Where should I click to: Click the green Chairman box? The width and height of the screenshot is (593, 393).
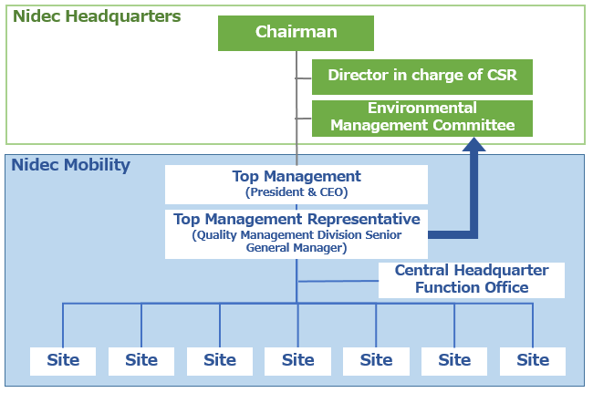pos(296,33)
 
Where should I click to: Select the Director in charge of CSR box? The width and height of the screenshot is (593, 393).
pos(422,77)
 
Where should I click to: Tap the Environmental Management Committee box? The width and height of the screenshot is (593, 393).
pos(422,119)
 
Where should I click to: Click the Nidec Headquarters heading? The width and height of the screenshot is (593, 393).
pos(97,16)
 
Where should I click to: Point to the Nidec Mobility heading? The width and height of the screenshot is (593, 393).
pos(71,165)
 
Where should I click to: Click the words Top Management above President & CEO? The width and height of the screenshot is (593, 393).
pos(296,176)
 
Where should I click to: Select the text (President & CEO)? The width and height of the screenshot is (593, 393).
pos(296,192)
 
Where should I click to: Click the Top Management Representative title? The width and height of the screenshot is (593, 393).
pos(296,219)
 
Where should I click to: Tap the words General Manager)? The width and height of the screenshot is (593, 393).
pos(296,248)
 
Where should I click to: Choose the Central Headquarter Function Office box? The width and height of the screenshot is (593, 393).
pos(472,280)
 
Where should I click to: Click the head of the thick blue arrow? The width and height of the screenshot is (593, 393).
pos(473,144)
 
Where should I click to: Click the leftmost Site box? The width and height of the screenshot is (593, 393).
pos(63,361)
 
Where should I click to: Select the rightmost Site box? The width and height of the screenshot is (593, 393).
pos(533,361)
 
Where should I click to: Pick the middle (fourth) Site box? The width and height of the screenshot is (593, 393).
pos(297,361)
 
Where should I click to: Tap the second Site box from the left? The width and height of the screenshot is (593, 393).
pos(141,361)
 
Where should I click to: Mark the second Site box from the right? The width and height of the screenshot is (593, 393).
pos(454,361)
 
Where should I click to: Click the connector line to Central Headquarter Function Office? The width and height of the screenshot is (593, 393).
pos(338,281)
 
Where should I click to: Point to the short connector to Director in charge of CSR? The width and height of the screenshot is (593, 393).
pos(303,78)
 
